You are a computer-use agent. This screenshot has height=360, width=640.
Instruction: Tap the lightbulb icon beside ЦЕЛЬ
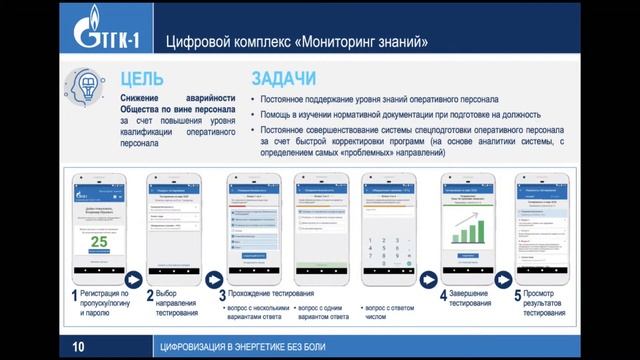point(91,86)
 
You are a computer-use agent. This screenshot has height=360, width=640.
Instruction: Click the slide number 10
point(78,347)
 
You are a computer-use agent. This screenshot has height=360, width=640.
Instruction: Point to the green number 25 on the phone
point(99,243)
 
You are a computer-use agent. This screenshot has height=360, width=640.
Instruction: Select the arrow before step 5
point(504,275)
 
